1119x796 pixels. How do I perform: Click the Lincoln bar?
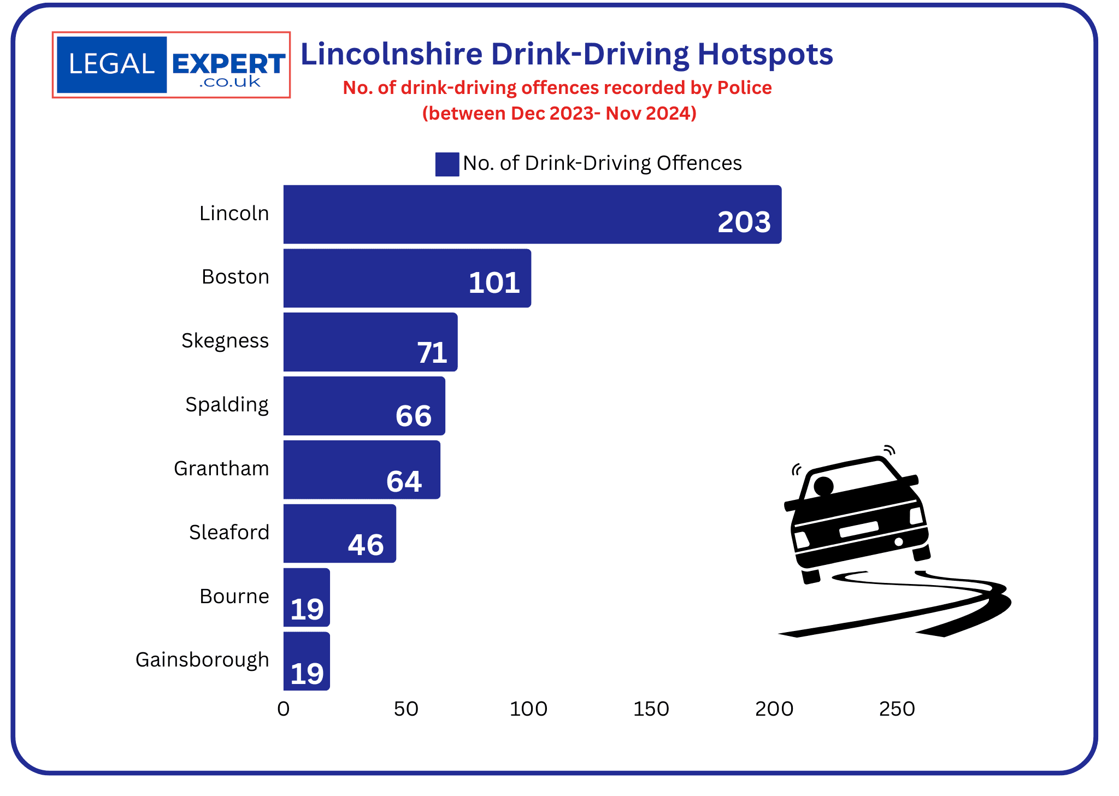click(492, 214)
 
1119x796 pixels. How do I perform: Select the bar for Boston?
click(382, 278)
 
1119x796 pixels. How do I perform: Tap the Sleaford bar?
click(328, 533)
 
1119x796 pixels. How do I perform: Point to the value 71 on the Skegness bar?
click(432, 352)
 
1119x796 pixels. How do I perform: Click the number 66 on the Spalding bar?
click(414, 416)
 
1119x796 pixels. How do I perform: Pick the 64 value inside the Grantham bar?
click(404, 481)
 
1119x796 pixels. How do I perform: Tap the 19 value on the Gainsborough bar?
click(307, 673)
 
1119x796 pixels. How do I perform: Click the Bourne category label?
click(234, 596)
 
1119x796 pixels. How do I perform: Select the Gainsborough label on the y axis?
click(202, 660)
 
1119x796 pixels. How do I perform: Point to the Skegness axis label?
click(225, 341)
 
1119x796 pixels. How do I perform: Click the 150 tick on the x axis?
click(651, 709)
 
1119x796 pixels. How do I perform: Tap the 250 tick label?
click(897, 709)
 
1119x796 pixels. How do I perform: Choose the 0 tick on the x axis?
click(283, 709)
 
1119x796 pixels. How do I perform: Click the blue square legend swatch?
click(447, 164)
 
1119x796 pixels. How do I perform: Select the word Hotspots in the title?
click(765, 54)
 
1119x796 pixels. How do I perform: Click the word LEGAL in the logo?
click(111, 64)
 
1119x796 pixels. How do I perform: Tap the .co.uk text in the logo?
click(229, 82)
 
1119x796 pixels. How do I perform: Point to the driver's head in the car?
click(823, 486)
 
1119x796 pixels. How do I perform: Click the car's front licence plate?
click(859, 529)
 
